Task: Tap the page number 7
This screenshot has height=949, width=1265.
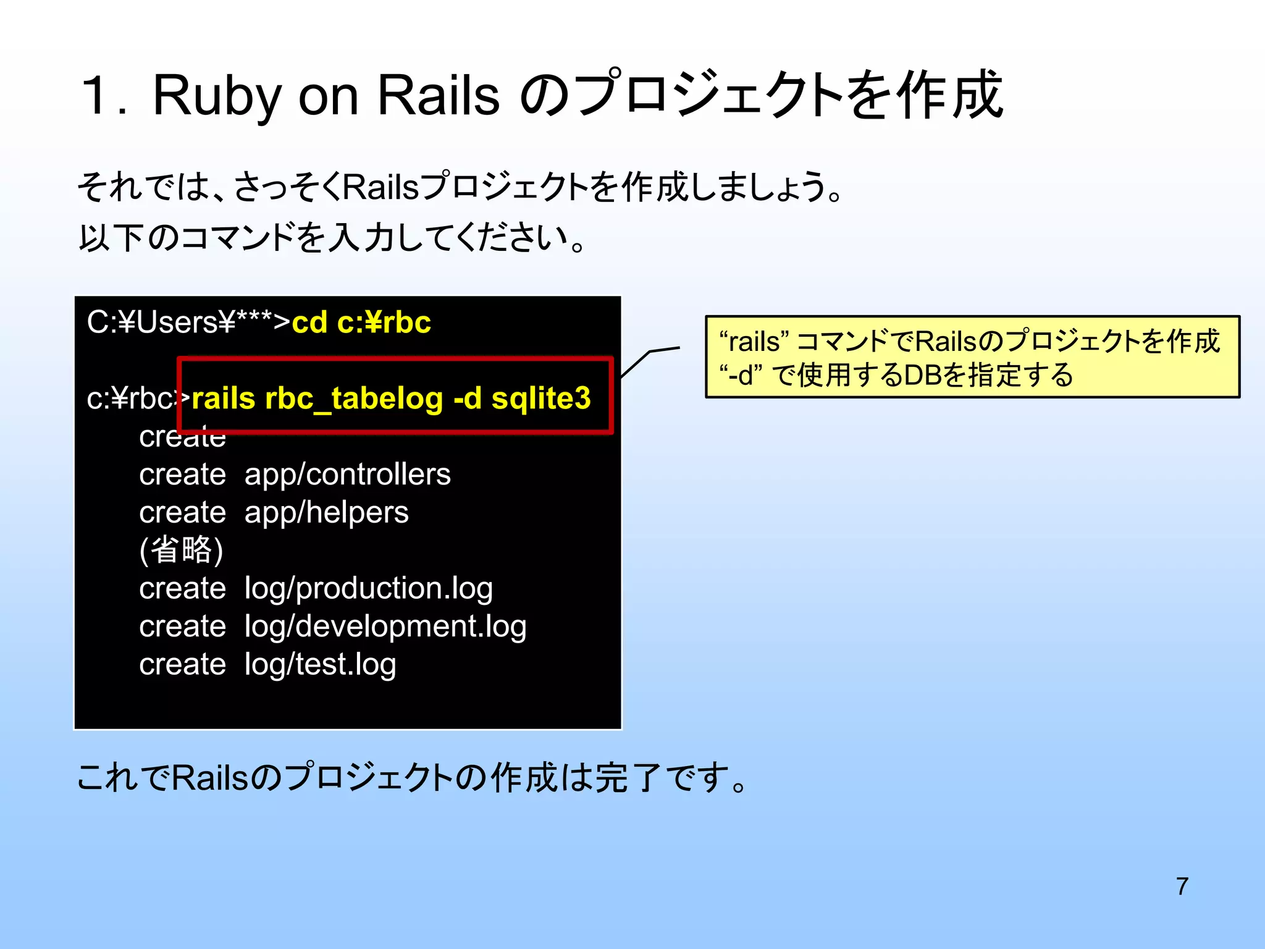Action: [1182, 886]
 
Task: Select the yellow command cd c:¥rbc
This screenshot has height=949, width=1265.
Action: [361, 323]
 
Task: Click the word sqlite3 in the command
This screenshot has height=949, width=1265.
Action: [541, 399]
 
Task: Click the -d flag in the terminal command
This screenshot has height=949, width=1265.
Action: [467, 399]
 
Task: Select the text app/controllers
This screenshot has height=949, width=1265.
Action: [347, 474]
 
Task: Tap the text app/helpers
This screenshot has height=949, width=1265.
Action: [326, 513]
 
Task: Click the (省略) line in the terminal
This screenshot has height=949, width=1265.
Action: [181, 550]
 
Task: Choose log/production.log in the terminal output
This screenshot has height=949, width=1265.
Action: [368, 588]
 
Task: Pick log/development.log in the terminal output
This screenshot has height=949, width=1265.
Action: [385, 626]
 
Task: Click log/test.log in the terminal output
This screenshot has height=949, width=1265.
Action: [320, 665]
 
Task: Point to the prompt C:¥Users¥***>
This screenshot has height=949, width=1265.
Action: [188, 323]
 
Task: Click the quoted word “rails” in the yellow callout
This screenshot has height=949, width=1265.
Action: [754, 342]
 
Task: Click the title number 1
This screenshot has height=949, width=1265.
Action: [96, 96]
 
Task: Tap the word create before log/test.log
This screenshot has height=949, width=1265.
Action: [182, 665]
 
